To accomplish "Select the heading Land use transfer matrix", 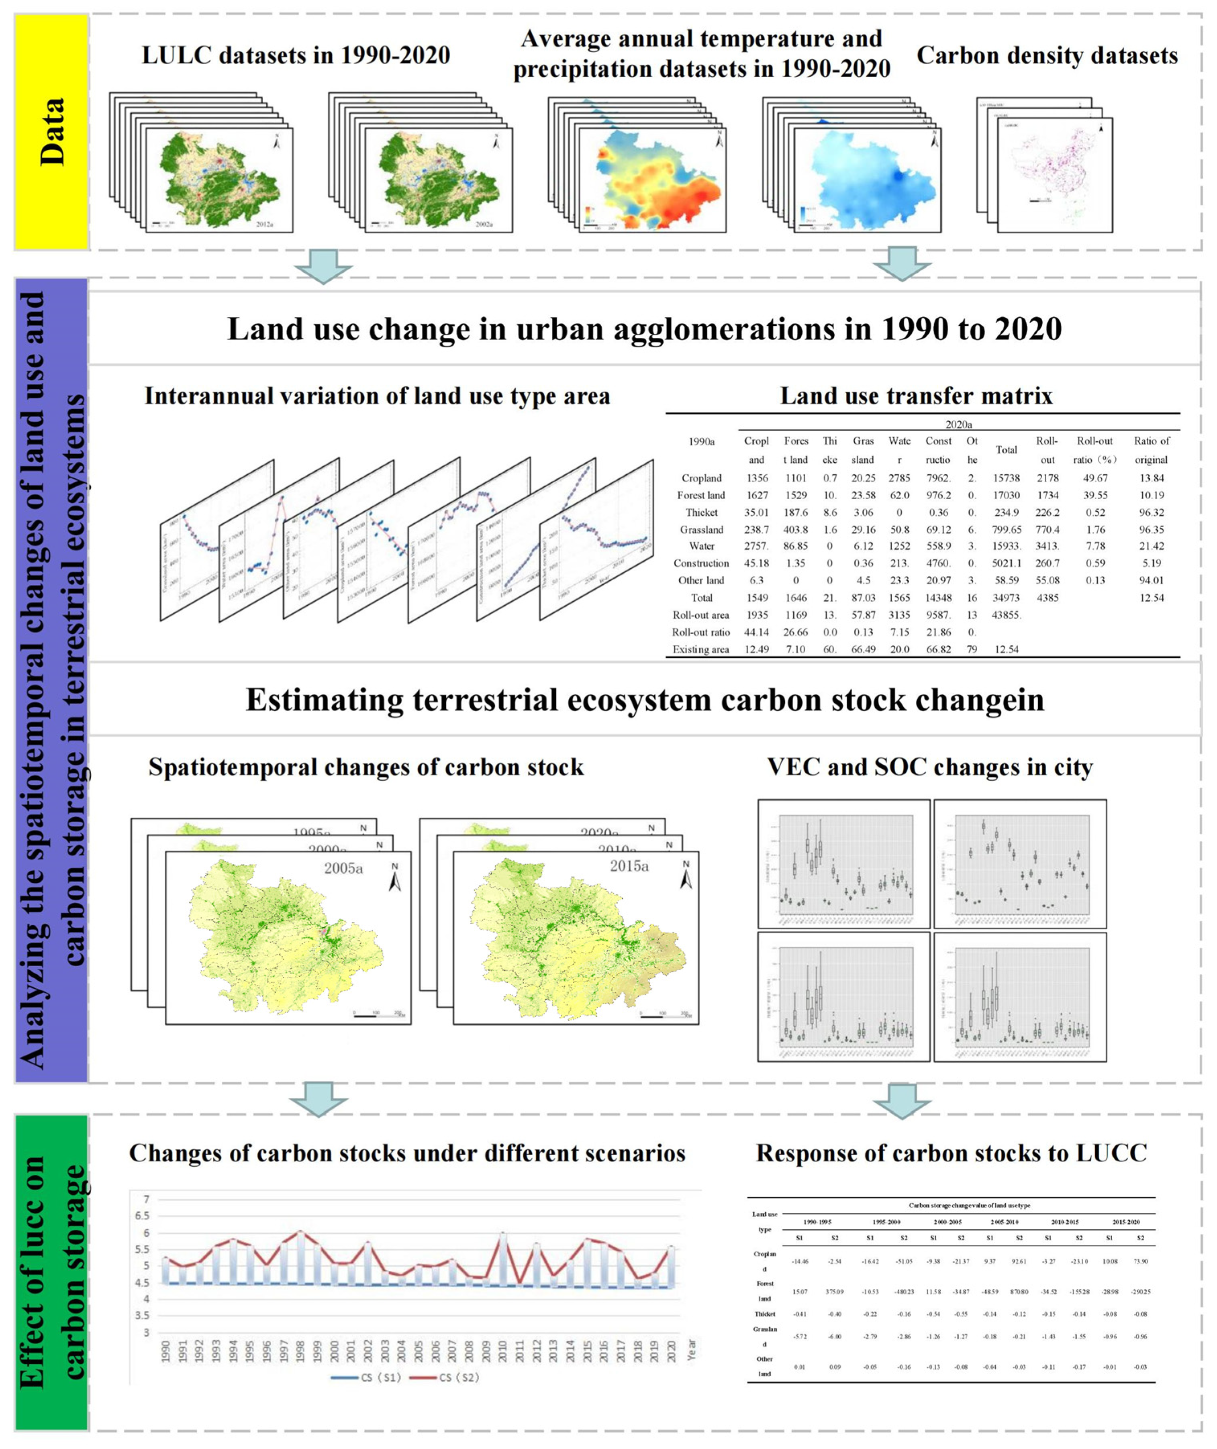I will (x=916, y=396).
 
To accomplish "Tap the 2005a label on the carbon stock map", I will (x=343, y=868).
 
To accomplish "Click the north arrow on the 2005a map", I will (x=395, y=877).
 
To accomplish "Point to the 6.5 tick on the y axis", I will (x=145, y=1216).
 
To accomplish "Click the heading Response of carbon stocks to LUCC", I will (x=951, y=1153).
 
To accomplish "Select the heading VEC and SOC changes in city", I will (x=929, y=768).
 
